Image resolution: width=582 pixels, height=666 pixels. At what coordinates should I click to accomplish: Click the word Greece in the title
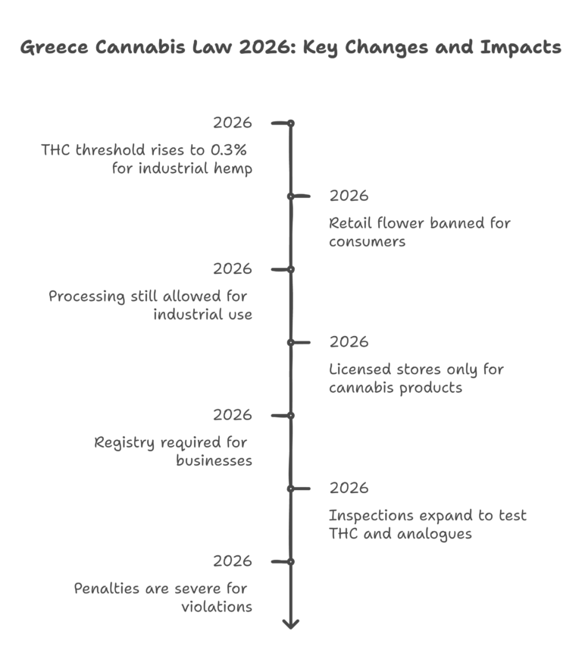point(52,48)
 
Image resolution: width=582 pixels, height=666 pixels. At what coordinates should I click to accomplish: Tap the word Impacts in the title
point(522,48)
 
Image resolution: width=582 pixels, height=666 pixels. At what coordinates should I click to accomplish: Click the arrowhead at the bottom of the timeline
point(290,623)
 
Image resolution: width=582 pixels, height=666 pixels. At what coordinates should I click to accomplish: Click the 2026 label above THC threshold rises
point(232,123)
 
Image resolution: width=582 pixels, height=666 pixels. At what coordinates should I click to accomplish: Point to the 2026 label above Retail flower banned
point(349,196)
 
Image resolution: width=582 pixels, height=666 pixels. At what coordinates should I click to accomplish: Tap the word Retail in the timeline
point(349,223)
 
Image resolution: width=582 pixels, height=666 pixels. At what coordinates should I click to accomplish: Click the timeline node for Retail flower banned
point(290,196)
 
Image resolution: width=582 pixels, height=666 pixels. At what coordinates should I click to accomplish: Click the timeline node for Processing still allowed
point(290,269)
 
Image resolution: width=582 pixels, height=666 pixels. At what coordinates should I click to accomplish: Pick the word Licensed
point(360,369)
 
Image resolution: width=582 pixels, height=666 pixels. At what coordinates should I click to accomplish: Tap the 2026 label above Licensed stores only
point(349,342)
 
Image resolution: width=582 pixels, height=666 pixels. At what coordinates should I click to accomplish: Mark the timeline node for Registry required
point(290,416)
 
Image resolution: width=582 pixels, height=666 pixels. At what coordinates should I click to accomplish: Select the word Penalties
point(106,589)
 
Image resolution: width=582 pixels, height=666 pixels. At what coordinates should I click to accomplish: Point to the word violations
point(217,607)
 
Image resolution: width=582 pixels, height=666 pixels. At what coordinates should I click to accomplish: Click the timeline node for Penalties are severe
point(290,561)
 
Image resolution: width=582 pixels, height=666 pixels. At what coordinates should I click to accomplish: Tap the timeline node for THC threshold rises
point(290,123)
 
